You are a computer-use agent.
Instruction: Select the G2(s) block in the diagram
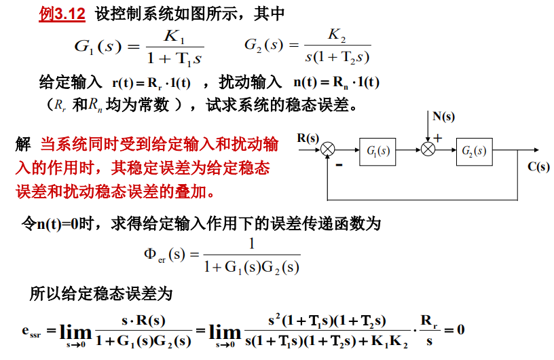click(x=475, y=151)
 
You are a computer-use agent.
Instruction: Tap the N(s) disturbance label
click(x=443, y=116)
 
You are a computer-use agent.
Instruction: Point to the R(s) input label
click(x=308, y=138)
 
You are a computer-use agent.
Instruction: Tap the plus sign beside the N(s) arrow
click(x=437, y=138)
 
